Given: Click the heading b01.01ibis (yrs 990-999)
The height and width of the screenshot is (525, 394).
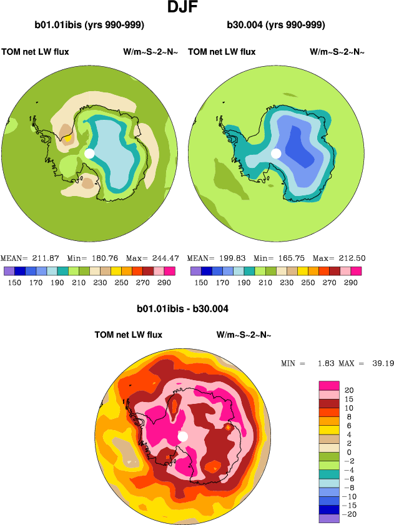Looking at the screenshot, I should (90, 26).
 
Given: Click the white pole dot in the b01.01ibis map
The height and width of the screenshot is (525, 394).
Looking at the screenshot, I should (89, 153).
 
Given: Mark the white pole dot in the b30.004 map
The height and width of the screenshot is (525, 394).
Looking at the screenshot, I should (276, 153).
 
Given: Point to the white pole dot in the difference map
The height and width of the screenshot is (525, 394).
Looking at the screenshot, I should (183, 436).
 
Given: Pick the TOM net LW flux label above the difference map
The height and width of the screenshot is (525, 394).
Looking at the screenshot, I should (128, 335).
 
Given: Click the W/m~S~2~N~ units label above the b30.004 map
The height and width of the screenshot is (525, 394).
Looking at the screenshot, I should (337, 52).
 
